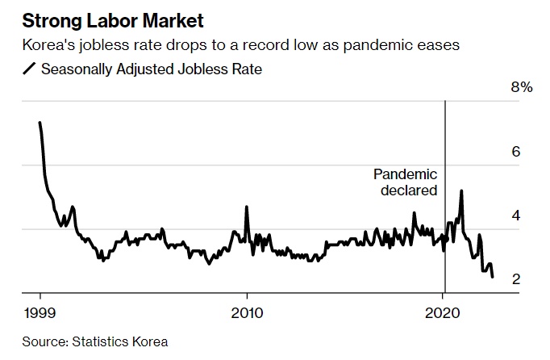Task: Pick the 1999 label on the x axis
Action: coord(40,312)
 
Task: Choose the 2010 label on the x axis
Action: coord(247,312)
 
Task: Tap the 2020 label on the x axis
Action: coord(444,312)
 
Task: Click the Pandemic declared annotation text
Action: coord(405,182)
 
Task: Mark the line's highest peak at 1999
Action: coord(40,123)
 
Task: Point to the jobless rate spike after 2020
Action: coord(461,190)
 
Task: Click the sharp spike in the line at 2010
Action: coord(247,207)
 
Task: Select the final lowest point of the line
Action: coord(492,276)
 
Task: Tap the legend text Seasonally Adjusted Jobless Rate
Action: coord(152,69)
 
